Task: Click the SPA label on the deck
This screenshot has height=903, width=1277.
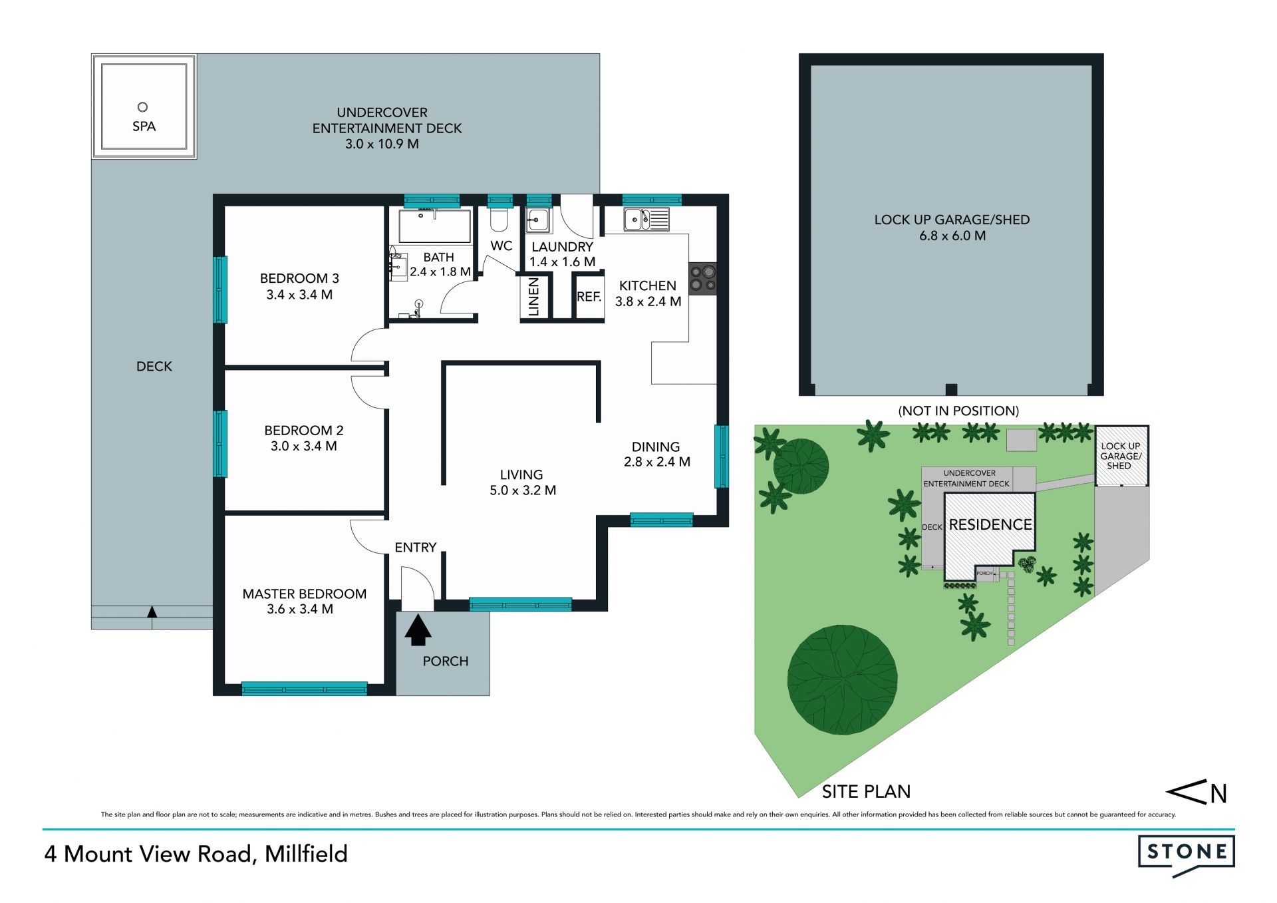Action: [x=144, y=126]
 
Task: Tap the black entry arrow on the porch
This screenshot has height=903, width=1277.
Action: [x=418, y=630]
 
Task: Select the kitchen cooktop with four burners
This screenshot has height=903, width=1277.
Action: [x=703, y=278]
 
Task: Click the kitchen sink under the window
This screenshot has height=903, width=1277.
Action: [x=646, y=219]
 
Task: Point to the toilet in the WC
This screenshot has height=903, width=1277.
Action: [x=499, y=218]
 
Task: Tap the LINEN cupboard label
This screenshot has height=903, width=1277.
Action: [x=533, y=297]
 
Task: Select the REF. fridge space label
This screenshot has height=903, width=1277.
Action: [x=589, y=297]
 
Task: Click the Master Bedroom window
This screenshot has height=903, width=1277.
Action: [x=304, y=689]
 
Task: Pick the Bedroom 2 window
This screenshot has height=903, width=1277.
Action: [x=220, y=444]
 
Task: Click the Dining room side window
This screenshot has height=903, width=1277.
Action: [x=722, y=456]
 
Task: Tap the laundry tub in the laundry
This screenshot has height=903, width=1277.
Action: [x=539, y=220]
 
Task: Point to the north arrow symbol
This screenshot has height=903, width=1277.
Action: [x=1196, y=792]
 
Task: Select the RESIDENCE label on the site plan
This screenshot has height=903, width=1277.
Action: [x=990, y=525]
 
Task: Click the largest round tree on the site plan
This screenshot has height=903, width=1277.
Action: [x=843, y=679]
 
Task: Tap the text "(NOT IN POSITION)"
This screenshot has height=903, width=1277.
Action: [x=958, y=411]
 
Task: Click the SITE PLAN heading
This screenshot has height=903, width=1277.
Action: [x=866, y=791]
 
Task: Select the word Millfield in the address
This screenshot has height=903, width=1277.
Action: [x=306, y=854]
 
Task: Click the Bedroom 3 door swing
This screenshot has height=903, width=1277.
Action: [x=368, y=345]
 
